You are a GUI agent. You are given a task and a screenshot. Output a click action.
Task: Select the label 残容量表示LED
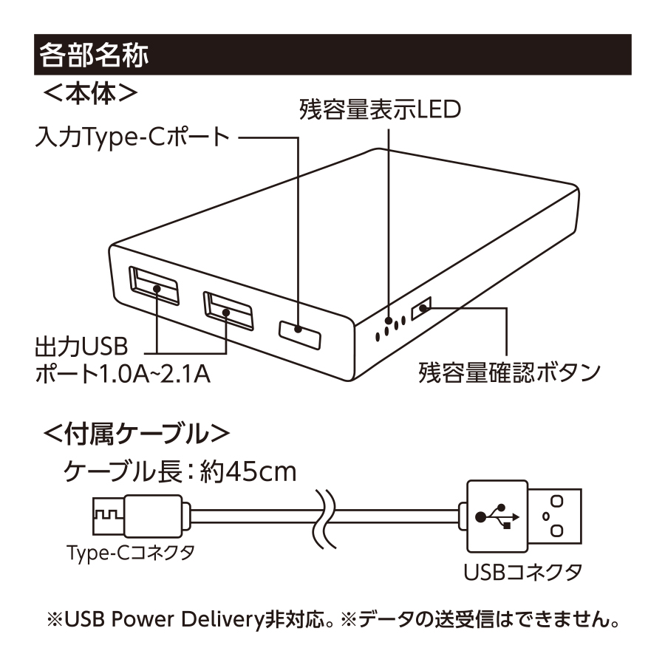(380, 110)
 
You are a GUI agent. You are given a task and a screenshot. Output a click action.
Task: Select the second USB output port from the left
(228, 310)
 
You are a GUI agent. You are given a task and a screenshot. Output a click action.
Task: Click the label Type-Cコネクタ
(130, 553)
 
